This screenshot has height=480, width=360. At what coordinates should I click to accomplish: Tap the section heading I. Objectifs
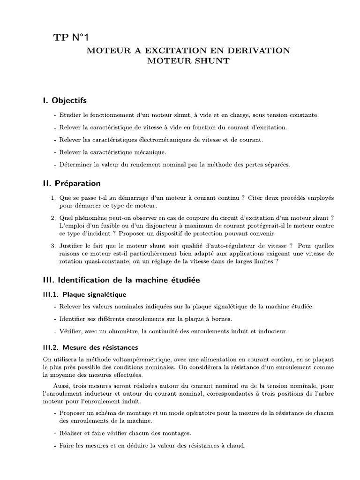pyautogui.click(x=64, y=100)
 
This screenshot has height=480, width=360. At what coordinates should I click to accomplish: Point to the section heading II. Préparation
pyautogui.click(x=71, y=183)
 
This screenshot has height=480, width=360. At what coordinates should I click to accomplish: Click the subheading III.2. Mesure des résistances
pyautogui.click(x=90, y=347)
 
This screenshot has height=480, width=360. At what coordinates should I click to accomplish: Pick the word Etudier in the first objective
pyautogui.click(x=70, y=115)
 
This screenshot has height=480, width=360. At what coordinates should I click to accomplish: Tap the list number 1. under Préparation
pyautogui.click(x=54, y=198)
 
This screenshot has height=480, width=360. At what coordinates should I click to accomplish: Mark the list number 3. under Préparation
pyautogui.click(x=54, y=246)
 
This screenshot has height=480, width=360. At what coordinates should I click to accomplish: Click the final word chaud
pyautogui.click(x=236, y=445)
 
